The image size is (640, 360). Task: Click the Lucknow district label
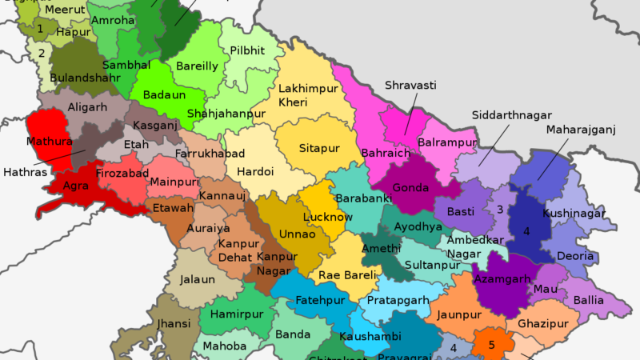(328, 217)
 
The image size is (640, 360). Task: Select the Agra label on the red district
(75, 186)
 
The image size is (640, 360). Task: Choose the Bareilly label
(197, 66)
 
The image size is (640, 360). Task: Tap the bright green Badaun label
(164, 94)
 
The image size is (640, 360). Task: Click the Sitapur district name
(319, 148)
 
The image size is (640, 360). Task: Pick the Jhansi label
(174, 323)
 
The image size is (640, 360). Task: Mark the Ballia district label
(589, 300)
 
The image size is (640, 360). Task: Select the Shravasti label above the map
(410, 85)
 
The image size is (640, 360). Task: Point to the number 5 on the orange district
(492, 346)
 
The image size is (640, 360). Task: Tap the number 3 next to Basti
(499, 210)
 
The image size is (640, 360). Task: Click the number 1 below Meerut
(40, 29)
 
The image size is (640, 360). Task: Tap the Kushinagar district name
(574, 214)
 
